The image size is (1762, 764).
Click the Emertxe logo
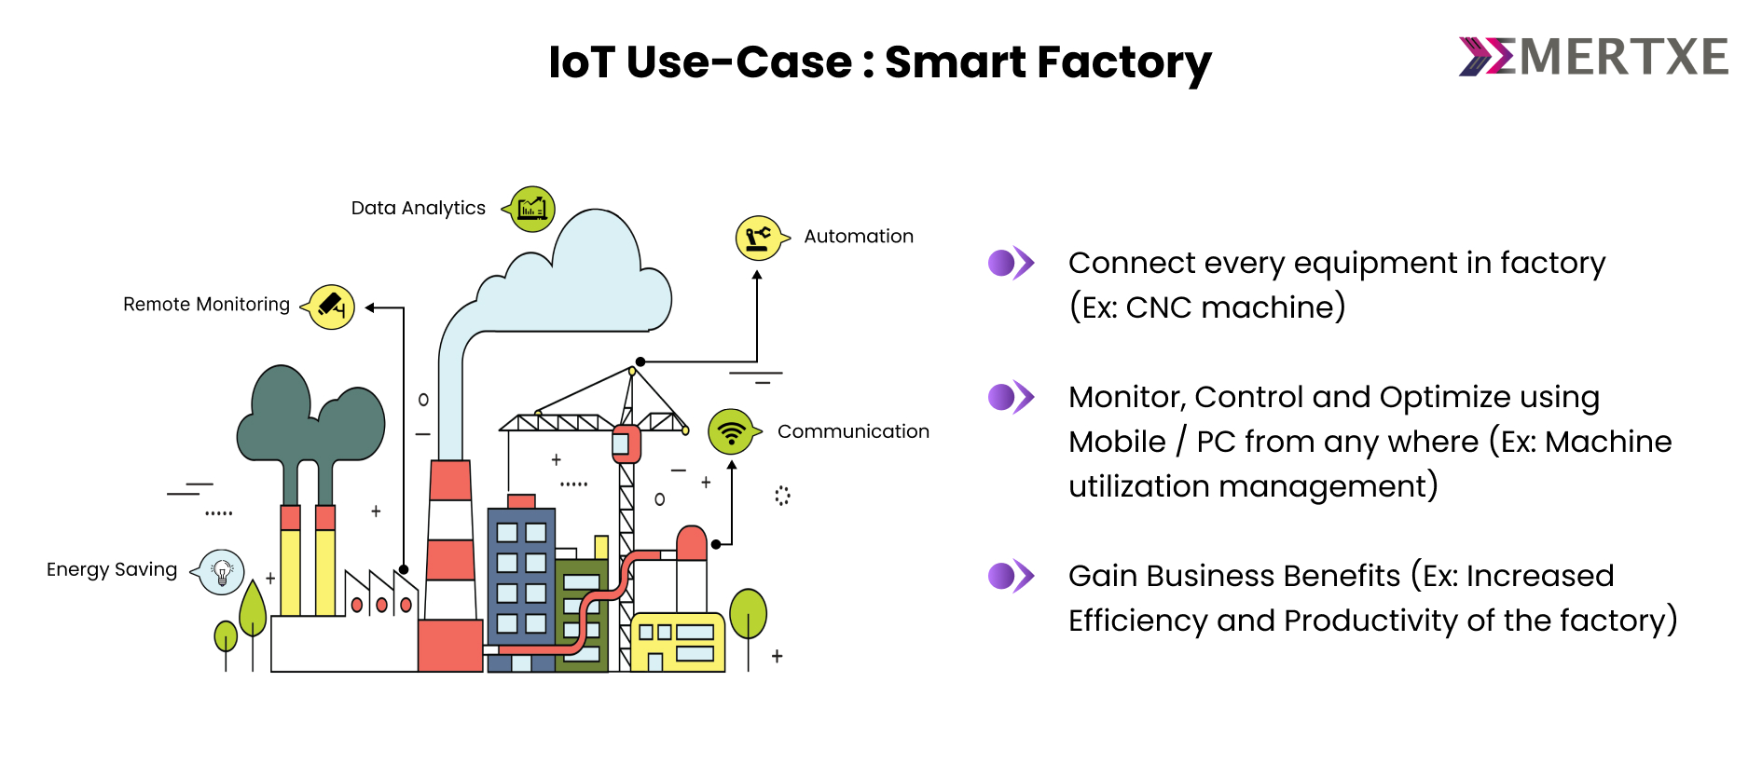(x=1592, y=58)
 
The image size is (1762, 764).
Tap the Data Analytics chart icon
(x=532, y=209)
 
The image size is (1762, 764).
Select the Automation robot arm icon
(x=758, y=238)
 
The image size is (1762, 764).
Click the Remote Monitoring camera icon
(x=332, y=307)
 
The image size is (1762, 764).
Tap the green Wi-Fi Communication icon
(x=731, y=432)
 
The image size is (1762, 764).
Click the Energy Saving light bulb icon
(x=222, y=571)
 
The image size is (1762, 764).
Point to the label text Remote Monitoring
(x=206, y=305)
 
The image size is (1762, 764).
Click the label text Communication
(x=853, y=431)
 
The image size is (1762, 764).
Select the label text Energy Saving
(x=112, y=569)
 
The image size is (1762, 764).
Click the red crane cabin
(x=626, y=443)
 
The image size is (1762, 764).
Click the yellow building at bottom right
(x=678, y=642)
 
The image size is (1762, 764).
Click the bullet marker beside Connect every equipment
(x=1011, y=264)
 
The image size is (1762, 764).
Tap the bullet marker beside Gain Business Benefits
(x=1011, y=577)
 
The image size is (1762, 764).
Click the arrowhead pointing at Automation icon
(x=757, y=276)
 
